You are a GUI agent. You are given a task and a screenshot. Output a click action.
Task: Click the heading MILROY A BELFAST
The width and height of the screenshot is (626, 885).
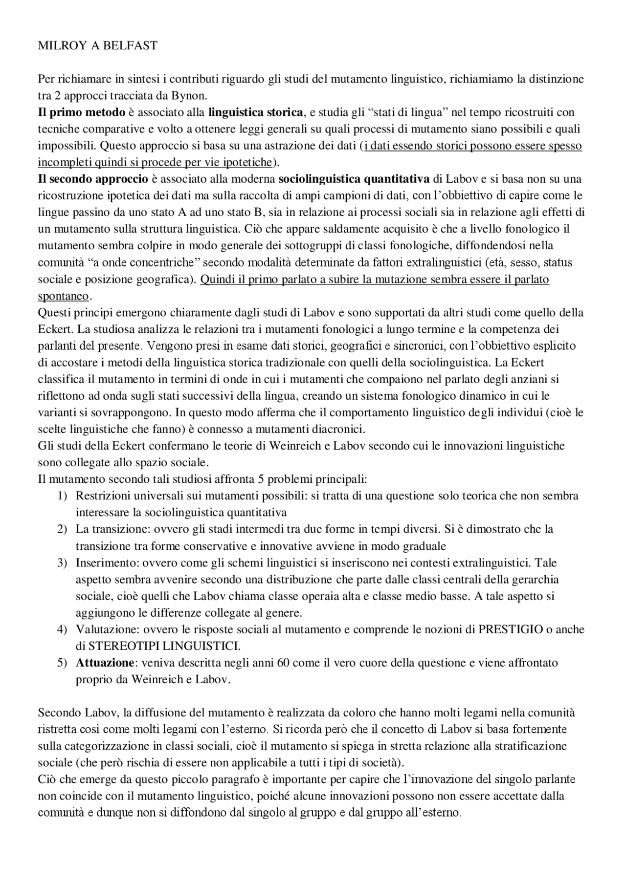pos(98,46)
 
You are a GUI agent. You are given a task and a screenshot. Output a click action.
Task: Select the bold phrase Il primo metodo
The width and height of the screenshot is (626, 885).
pos(82,112)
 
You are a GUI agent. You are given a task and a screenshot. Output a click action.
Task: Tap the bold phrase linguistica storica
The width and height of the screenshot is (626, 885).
pos(256,112)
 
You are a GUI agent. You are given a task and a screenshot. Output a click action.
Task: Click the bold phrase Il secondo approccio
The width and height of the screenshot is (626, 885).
pos(93,179)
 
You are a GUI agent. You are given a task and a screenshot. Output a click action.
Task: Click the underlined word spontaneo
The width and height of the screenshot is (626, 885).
pos(64,296)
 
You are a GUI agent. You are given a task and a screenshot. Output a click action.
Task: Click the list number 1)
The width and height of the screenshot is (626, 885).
pos(62,496)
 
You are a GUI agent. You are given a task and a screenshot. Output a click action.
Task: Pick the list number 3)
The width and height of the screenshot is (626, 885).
pos(62,563)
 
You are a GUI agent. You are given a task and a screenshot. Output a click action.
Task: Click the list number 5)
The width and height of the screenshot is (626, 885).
pos(62,663)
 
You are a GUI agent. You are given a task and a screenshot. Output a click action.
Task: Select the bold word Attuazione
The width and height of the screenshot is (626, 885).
pos(105,663)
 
